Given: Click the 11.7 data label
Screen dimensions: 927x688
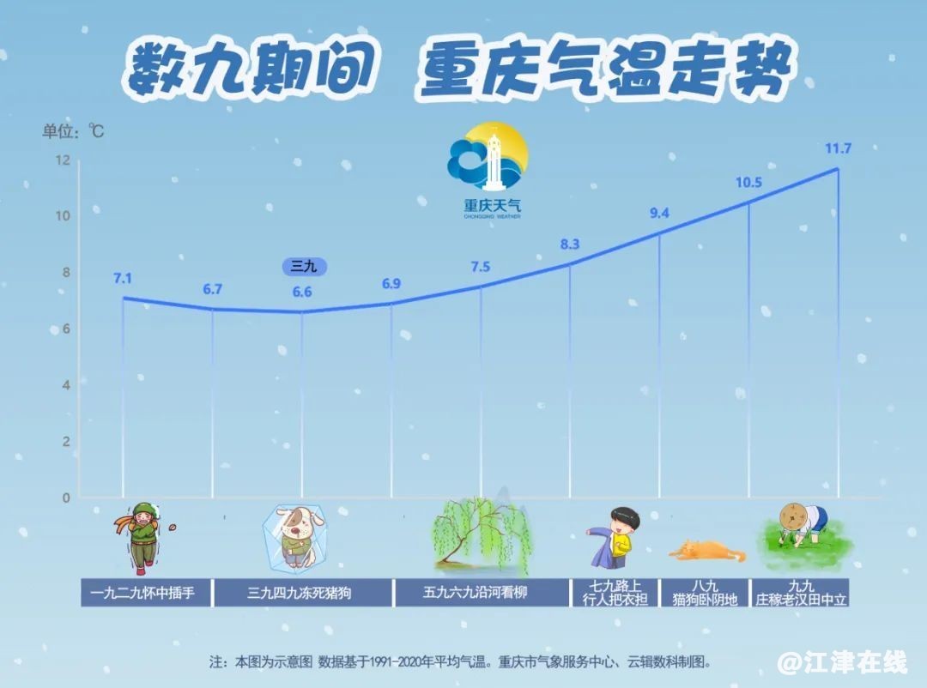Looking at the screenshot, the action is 838,148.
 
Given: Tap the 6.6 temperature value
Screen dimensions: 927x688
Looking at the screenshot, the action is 302,292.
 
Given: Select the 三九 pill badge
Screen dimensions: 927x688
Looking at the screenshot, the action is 304,267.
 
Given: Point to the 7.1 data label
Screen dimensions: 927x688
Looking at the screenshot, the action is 123,279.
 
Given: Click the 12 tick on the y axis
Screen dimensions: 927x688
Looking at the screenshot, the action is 63,160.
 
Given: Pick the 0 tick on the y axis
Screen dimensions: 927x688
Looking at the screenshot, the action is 66,498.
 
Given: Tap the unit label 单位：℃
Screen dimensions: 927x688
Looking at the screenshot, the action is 73,130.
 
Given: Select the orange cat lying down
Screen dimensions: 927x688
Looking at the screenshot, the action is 707,551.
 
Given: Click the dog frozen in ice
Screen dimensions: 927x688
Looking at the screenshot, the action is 294,536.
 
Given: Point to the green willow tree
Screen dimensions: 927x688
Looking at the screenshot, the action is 481,535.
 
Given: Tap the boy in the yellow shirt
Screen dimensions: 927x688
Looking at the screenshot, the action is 616,537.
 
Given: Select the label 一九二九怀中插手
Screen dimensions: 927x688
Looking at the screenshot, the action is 142,592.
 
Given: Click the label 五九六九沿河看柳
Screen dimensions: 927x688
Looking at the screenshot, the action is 475,592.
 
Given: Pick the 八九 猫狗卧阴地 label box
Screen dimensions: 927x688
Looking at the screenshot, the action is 705,593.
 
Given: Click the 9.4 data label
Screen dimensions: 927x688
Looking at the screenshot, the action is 659,214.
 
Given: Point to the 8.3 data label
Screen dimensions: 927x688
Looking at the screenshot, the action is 570,244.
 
